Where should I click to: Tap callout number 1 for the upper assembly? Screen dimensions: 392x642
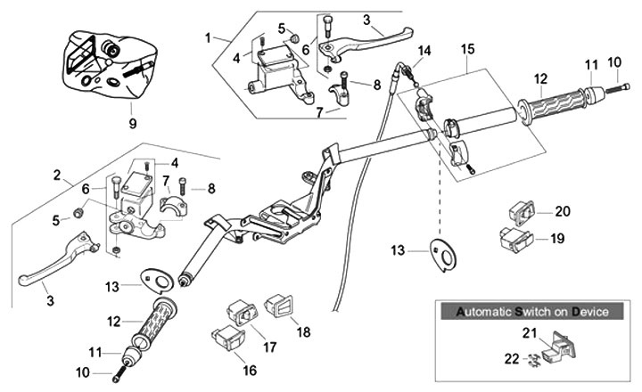pyautogui.click(x=208, y=38)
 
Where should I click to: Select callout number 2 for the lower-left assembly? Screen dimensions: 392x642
pyautogui.click(x=57, y=175)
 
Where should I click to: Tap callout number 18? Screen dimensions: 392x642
pyautogui.click(x=303, y=332)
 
